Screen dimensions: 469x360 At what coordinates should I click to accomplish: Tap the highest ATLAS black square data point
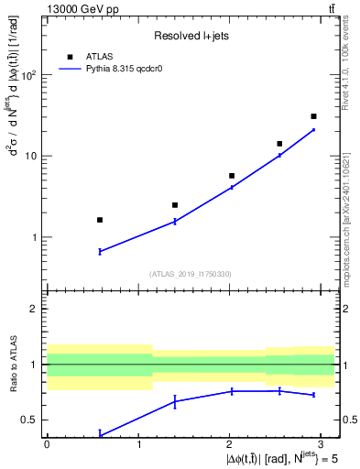pyautogui.click(x=313, y=116)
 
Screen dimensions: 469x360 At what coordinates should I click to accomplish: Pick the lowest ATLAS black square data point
pyautogui.click(x=100, y=220)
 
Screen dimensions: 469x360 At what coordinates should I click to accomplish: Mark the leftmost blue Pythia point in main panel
pyautogui.click(x=100, y=251)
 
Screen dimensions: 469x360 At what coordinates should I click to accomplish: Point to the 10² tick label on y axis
pyautogui.click(x=30, y=75)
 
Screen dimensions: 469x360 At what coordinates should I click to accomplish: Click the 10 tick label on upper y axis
pyautogui.click(x=33, y=157)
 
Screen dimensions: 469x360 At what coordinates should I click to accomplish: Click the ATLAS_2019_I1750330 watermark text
pyautogui.click(x=191, y=274)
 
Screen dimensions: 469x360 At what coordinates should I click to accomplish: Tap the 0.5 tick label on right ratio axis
pyautogui.click(x=346, y=420)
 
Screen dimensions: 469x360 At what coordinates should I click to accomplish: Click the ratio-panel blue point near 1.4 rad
pyautogui.click(x=175, y=401)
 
